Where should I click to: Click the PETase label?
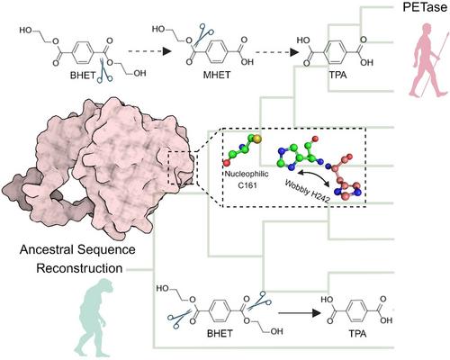[x=425, y=7]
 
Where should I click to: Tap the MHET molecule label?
[x=217, y=75]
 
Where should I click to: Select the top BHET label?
[x=83, y=76]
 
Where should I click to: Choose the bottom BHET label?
[x=220, y=333]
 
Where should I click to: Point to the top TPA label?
[x=337, y=75]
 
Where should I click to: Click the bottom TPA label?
[x=357, y=334]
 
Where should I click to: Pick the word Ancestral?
[x=47, y=249]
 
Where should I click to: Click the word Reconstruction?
[x=79, y=268]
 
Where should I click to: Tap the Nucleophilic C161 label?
[x=247, y=179]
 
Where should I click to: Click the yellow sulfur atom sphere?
[x=257, y=139]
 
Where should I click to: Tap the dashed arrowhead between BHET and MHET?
[x=166, y=51]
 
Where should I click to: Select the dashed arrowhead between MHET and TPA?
[x=294, y=52]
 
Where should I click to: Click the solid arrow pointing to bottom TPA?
[x=300, y=313]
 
